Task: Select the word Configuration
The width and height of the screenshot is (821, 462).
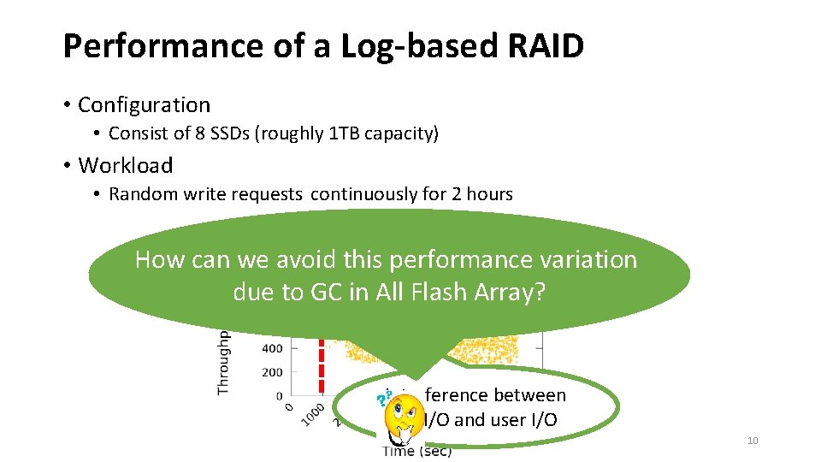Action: pyautogui.click(x=144, y=105)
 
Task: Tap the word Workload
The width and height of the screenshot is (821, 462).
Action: pyautogui.click(x=125, y=165)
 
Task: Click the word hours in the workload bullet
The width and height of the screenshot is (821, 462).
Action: pyautogui.click(x=489, y=194)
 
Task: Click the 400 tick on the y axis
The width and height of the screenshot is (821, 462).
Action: pyautogui.click(x=272, y=348)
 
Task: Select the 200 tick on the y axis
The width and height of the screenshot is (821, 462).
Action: pyautogui.click(x=272, y=372)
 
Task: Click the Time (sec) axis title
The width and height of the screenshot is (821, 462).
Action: pyautogui.click(x=416, y=451)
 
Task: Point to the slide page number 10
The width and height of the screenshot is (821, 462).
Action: pyautogui.click(x=753, y=441)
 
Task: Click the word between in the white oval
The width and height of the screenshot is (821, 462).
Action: pyautogui.click(x=532, y=395)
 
